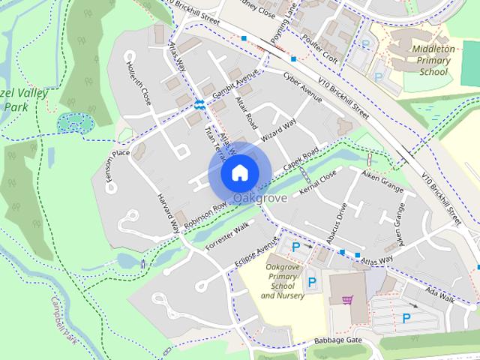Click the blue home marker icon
[x=239, y=172]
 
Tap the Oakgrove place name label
[x=260, y=198]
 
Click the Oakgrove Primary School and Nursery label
[x=283, y=280]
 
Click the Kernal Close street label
[x=318, y=184]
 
